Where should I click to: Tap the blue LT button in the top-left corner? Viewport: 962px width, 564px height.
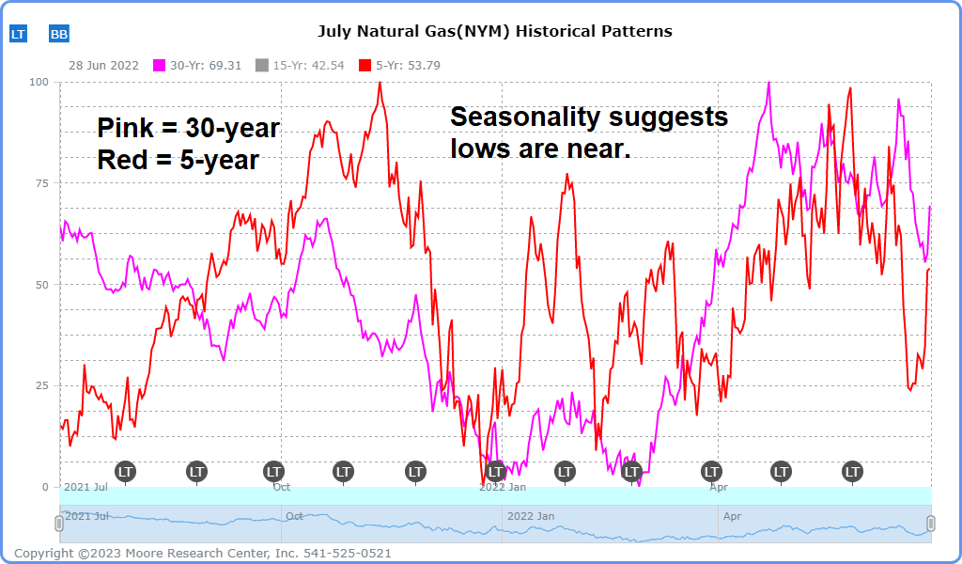[19, 34]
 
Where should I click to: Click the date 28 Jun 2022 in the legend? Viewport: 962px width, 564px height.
[103, 66]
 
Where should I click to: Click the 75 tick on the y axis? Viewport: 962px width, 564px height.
[42, 183]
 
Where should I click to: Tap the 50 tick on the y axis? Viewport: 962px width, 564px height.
[42, 284]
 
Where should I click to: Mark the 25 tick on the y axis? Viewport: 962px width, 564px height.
[42, 385]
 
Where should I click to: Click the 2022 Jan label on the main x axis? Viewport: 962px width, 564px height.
[502, 487]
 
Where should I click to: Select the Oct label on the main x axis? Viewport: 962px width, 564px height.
[281, 487]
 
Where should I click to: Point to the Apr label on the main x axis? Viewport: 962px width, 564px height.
[719, 487]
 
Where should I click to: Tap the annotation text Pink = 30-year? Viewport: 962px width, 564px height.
[189, 128]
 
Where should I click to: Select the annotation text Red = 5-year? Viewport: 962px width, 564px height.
[178, 160]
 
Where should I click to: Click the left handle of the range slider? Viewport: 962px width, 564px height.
[59, 524]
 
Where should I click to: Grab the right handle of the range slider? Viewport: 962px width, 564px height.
[931, 524]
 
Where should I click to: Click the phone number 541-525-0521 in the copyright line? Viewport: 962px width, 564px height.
[345, 553]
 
